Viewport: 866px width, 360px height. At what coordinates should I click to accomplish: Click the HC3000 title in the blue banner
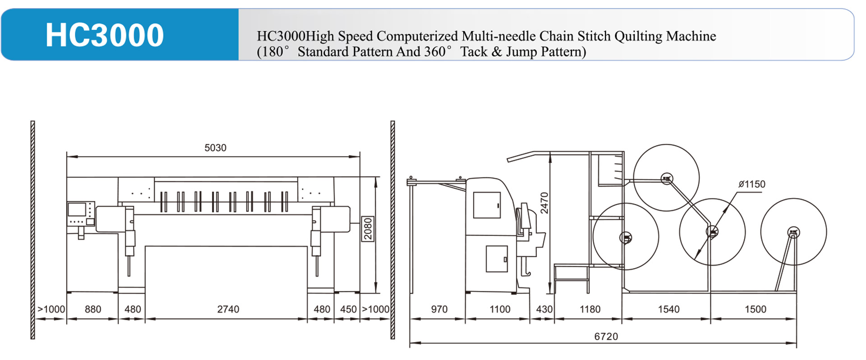(105, 35)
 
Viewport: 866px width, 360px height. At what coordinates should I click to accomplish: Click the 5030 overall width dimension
(215, 148)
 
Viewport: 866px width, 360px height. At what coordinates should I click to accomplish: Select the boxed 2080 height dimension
(368, 229)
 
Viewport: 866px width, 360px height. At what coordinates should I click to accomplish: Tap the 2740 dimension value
(228, 309)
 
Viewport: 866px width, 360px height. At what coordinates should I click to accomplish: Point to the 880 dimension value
(93, 309)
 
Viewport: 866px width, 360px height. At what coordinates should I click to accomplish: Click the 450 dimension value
(348, 309)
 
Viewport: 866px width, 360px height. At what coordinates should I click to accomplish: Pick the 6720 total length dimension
(606, 337)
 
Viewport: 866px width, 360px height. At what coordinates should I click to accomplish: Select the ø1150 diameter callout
(752, 184)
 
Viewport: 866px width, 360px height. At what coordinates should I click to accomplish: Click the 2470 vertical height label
(544, 203)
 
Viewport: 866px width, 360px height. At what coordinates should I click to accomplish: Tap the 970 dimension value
(439, 309)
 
